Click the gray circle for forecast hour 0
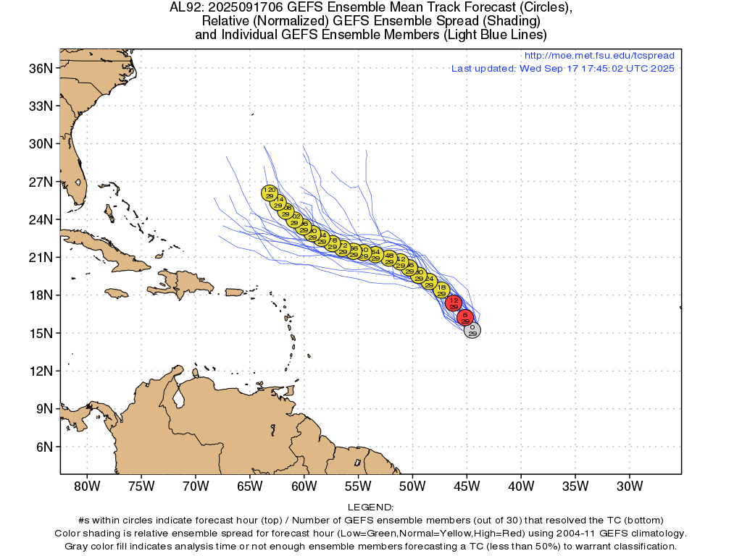tap(472, 331)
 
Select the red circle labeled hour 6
tap(464, 317)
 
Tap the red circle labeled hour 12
tap(454, 303)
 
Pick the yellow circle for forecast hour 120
tap(270, 193)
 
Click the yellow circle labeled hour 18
tap(441, 290)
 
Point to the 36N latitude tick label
tap(41, 68)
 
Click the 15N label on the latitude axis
tap(41, 333)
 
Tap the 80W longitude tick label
tap(87, 486)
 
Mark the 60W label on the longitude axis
tap(304, 486)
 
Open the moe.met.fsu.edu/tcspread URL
tap(599, 56)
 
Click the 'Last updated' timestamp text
tap(562, 69)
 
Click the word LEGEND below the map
tap(370, 507)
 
